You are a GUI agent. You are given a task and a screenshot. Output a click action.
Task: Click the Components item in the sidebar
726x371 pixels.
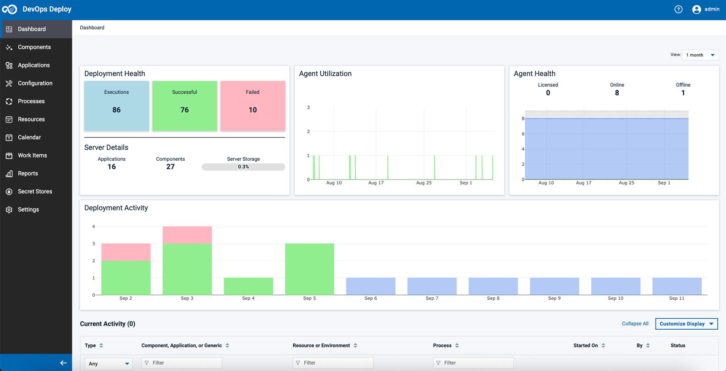pos(34,47)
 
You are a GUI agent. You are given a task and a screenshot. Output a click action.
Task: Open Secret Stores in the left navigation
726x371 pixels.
pos(35,191)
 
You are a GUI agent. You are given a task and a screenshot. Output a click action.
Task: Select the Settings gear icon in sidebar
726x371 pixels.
pos(9,210)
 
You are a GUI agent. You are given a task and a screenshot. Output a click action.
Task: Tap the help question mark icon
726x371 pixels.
pos(678,9)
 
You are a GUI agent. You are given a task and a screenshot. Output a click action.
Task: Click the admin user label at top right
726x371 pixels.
pos(711,9)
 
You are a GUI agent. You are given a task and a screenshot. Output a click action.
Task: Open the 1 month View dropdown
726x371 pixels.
pos(700,55)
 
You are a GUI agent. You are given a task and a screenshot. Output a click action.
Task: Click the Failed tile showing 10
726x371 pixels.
pos(253,106)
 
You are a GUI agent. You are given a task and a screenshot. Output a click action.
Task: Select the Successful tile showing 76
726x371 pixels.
pos(184,106)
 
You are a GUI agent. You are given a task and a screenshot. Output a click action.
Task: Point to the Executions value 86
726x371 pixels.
pos(116,110)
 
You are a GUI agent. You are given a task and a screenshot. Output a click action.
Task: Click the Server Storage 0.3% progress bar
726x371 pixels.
pos(243,167)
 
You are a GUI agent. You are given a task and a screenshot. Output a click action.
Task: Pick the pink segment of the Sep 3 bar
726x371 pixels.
pos(187,235)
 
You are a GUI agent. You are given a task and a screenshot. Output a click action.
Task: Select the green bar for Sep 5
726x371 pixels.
pos(309,269)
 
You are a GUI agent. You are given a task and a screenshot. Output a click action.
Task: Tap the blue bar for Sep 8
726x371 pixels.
pos(493,286)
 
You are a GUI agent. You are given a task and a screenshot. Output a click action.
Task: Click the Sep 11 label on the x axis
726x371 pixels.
pos(676,298)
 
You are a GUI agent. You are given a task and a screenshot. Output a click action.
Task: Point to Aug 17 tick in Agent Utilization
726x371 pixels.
pos(376,183)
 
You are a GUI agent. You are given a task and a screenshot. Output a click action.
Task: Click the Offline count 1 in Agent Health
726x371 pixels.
pos(683,93)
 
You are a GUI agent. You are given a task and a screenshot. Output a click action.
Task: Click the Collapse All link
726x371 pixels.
pos(635,324)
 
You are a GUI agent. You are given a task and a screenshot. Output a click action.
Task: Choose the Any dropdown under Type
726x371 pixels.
pos(109,364)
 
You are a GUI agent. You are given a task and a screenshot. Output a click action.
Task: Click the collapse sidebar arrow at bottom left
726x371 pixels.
pos(63,363)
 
